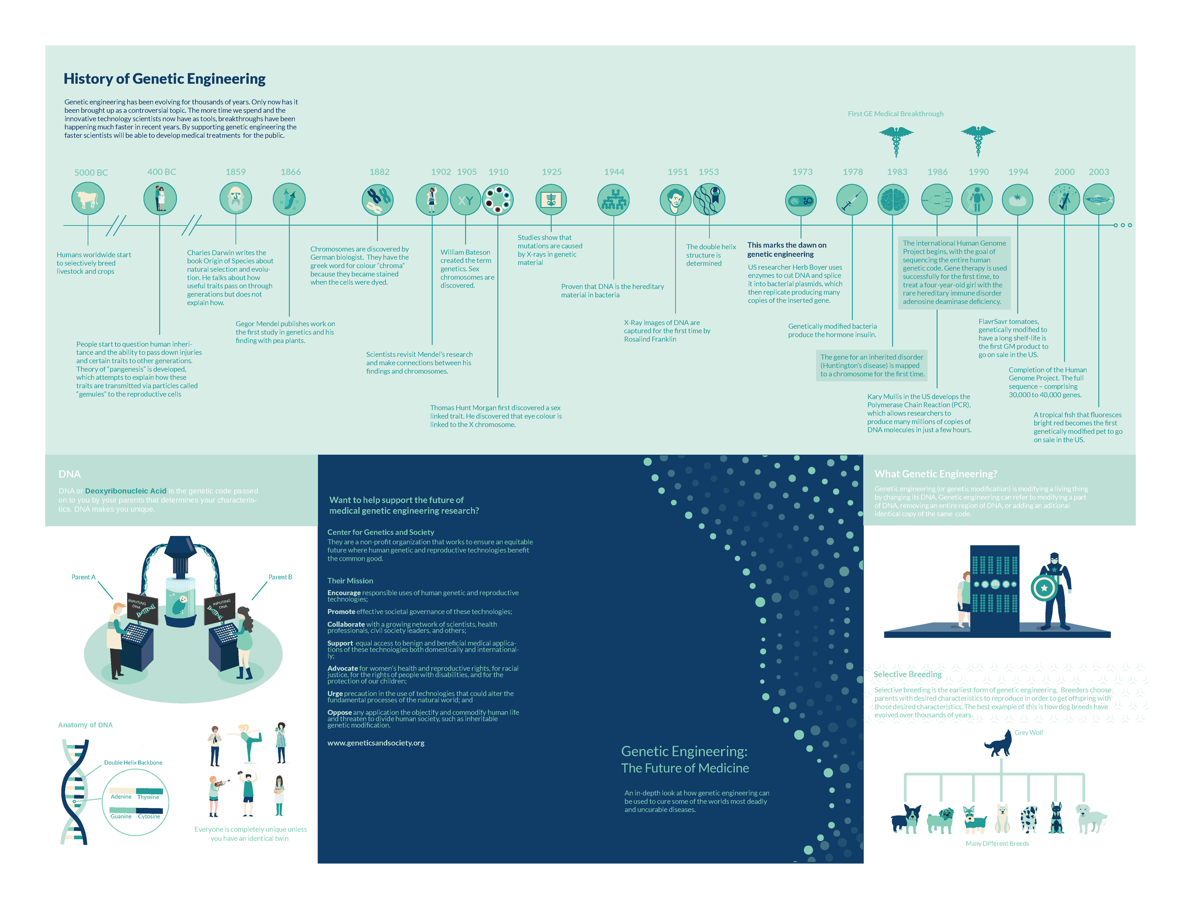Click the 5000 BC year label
point(91,172)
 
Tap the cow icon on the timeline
point(87,199)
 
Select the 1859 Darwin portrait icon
point(235,198)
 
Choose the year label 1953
point(709,172)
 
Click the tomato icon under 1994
point(1017,199)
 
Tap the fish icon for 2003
point(1098,199)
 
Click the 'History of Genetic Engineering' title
point(164,79)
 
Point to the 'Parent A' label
point(83,577)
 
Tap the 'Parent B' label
point(280,577)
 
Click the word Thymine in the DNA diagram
point(148,797)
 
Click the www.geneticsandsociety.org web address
point(376,743)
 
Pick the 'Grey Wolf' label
point(1028,733)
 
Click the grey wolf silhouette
point(999,745)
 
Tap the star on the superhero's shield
point(1044,588)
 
